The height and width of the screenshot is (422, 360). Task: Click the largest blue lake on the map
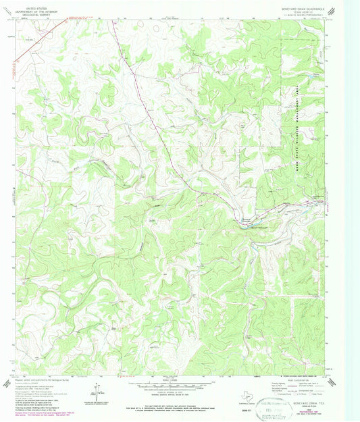click(247, 221)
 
